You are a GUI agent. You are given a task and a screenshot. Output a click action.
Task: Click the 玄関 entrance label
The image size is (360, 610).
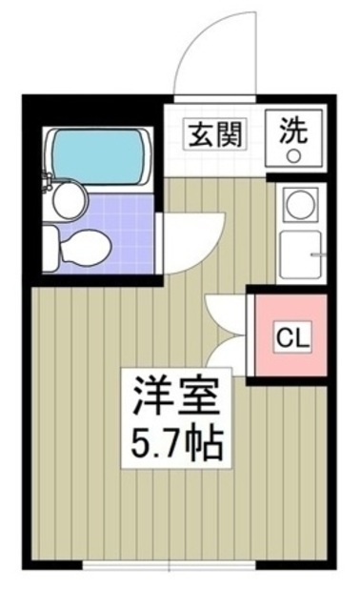coord(210,133)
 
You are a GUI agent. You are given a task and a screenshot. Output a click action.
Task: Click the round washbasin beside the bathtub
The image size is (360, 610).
coord(69,199)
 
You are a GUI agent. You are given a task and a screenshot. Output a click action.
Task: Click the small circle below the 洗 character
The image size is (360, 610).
coord(294,154)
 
